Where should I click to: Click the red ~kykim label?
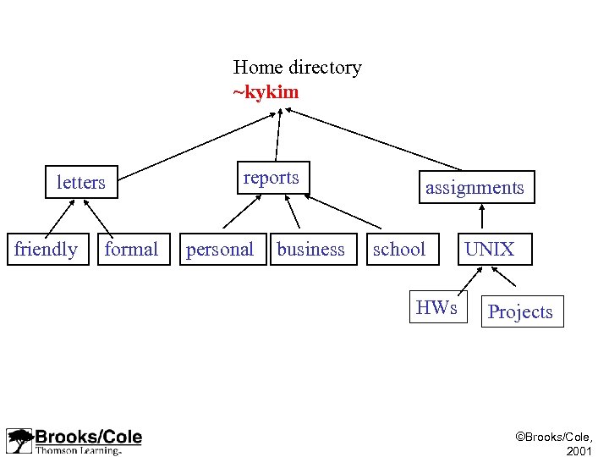click(266, 91)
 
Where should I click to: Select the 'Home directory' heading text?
click(297, 67)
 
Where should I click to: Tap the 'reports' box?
click(272, 178)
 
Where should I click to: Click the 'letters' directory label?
click(81, 182)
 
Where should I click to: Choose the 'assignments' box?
click(475, 188)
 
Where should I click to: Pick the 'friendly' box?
click(47, 250)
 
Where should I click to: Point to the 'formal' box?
click(131, 250)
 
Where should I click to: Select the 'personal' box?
click(221, 250)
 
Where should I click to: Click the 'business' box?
click(312, 250)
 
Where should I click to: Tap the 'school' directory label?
click(399, 250)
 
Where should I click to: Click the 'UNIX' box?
click(490, 250)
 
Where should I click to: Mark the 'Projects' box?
click(521, 311)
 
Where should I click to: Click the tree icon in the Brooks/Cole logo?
click(19, 441)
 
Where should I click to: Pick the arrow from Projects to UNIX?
click(504, 277)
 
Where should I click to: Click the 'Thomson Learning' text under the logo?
click(78, 450)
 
